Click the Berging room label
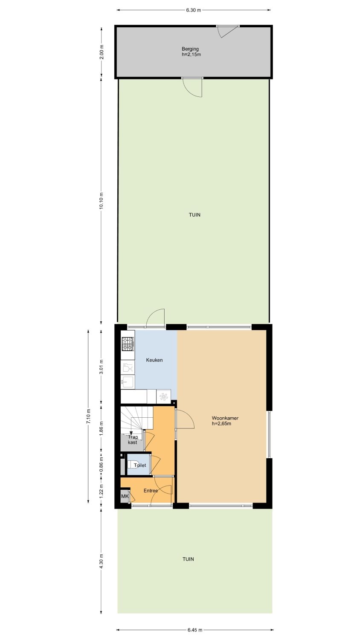(190, 49)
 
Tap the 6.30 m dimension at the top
(193, 10)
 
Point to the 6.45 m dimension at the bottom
(195, 630)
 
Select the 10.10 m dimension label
(102, 201)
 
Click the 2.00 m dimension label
(102, 52)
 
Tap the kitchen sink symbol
(128, 381)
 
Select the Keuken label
(154, 360)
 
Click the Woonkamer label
(225, 418)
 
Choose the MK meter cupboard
(125, 496)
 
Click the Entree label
(151, 491)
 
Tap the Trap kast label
(133, 440)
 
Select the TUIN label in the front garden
(188, 559)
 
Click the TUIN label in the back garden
(195, 215)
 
